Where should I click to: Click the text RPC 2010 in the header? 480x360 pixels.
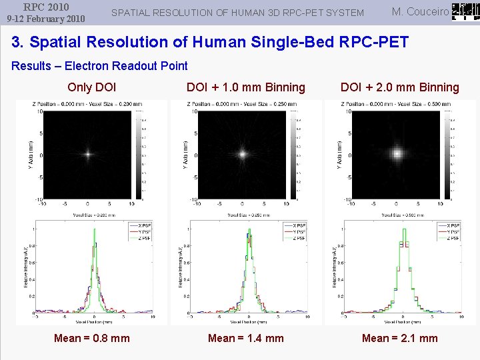(45, 7)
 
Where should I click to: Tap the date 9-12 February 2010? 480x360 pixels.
(45, 19)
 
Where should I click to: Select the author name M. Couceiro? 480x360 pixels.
(420, 11)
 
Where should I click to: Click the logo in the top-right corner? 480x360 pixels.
(465, 12)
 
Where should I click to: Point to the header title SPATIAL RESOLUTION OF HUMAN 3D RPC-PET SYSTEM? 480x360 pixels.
(237, 13)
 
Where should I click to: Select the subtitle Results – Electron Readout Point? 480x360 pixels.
(100, 65)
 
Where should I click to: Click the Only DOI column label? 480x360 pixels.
(92, 87)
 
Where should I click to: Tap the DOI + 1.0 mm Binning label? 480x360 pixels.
(246, 87)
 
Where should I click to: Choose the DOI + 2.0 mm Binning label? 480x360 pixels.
(400, 87)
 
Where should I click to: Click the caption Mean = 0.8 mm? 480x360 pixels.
(92, 338)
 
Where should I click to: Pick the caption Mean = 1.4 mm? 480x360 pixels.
(246, 338)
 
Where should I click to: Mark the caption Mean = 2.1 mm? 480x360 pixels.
(400, 338)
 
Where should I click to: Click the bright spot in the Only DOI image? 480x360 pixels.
(87, 153)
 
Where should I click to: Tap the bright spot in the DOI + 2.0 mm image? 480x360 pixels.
(397, 153)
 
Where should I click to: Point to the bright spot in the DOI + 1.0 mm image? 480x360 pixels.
(243, 153)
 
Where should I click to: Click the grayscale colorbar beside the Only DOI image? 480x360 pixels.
(139, 153)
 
